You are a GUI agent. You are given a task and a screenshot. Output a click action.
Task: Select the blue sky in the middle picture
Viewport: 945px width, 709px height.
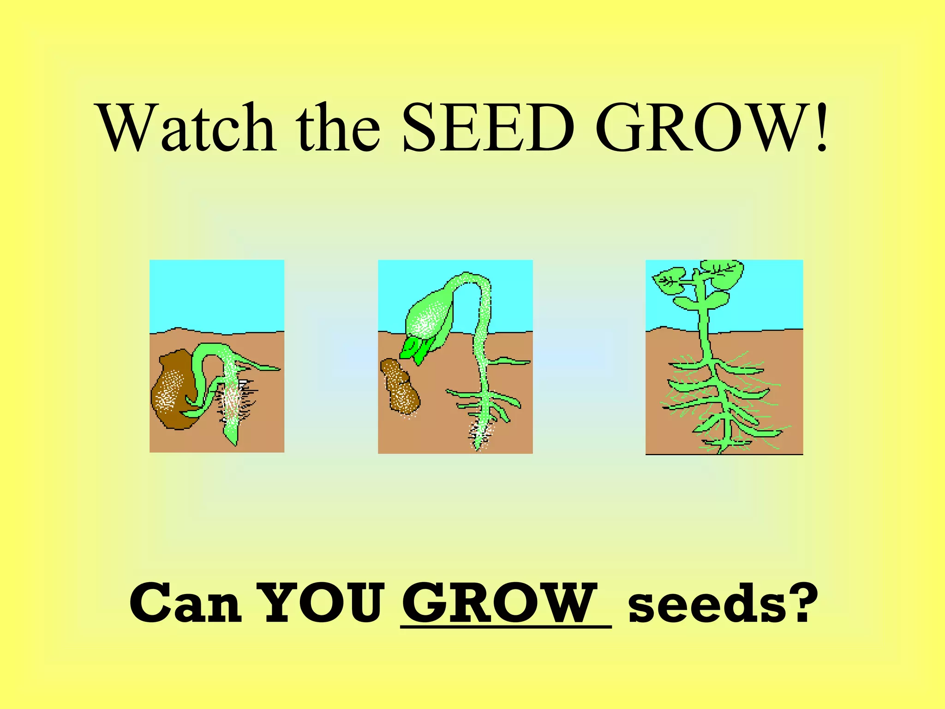coord(508,295)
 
